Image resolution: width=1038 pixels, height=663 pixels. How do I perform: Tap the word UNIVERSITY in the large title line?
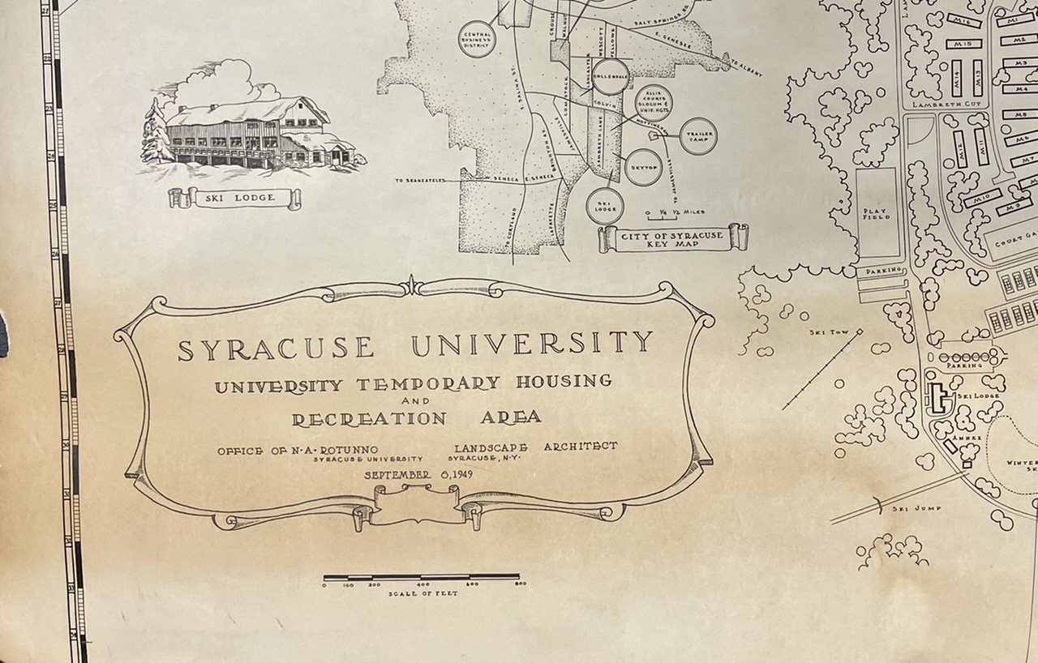point(532,344)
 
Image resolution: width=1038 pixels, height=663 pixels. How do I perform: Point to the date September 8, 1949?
point(419,474)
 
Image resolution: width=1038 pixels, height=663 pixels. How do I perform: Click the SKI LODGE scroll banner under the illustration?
point(234,197)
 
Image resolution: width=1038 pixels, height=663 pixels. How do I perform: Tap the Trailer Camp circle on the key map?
point(698,135)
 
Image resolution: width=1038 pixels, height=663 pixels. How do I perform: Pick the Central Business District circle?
point(476,39)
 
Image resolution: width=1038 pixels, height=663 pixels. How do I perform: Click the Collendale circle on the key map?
point(609,75)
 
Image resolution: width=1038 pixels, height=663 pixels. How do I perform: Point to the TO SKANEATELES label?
point(427,180)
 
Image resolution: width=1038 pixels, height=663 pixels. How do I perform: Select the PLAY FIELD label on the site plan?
point(877,212)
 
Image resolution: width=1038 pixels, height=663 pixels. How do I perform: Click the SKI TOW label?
point(824,331)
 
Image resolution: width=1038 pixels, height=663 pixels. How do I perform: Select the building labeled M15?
point(963,43)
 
